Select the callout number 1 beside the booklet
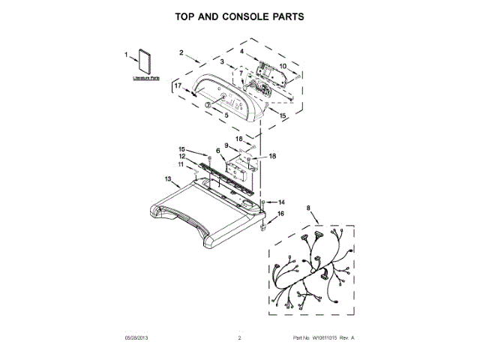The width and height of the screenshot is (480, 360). tap(127, 55)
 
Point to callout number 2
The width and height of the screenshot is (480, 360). tap(181, 52)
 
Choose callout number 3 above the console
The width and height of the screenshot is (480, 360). tap(222, 61)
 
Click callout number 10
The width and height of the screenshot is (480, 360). tap(283, 65)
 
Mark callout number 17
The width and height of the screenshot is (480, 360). tap(178, 86)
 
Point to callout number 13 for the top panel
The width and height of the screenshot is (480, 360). tap(168, 178)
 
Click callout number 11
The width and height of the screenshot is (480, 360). tap(181, 163)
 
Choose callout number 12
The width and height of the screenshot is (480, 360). tap(181, 156)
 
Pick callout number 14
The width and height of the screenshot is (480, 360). tap(282, 202)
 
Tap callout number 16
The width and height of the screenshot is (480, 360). tap(281, 214)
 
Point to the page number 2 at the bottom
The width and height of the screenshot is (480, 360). tap(239, 338)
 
